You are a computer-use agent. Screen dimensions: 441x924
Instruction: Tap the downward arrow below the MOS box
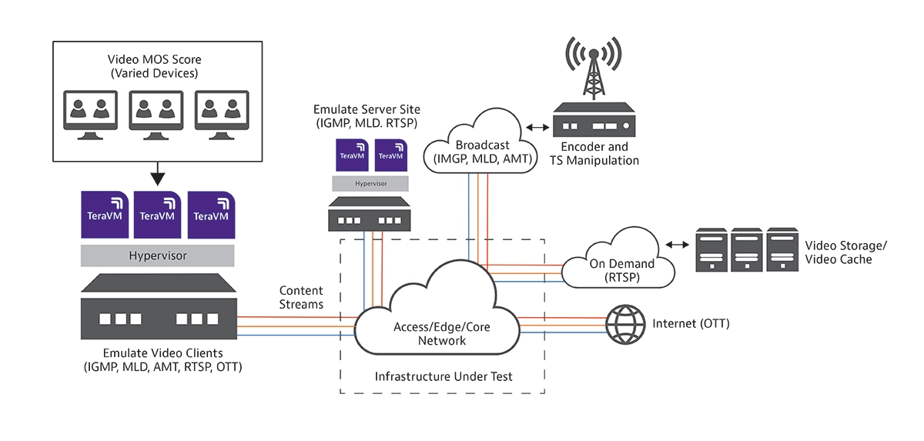157,175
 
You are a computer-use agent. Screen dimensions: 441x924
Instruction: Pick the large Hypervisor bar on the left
157,255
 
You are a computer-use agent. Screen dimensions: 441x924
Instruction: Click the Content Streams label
301,297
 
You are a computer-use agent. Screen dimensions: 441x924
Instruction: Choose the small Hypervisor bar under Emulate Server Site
370,185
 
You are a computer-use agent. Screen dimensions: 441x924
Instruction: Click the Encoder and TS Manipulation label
594,153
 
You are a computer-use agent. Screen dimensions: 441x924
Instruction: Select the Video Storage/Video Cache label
845,252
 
